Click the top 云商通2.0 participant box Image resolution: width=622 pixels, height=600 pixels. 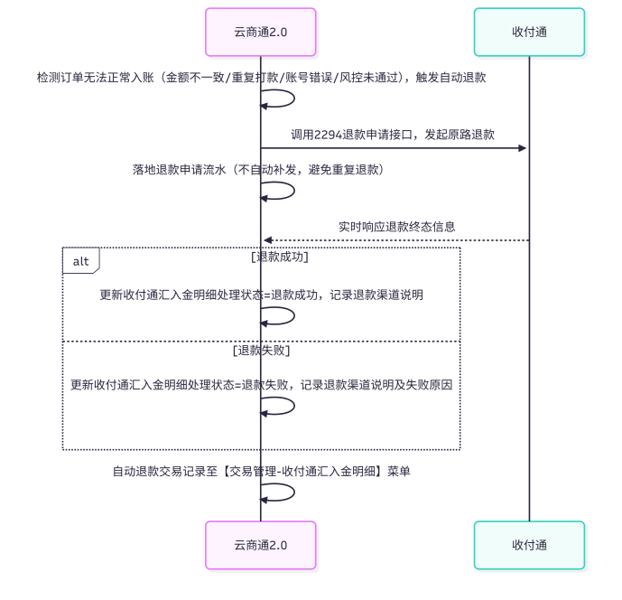point(261,33)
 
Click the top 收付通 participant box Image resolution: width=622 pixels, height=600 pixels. point(529,33)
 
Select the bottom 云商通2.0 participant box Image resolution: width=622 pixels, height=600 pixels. point(261,545)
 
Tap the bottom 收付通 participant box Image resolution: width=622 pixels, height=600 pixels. point(529,545)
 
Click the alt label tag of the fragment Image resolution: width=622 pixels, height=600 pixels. point(81,261)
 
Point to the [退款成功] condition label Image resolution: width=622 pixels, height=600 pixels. point(280,257)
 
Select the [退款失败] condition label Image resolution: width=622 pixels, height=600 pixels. point(262,351)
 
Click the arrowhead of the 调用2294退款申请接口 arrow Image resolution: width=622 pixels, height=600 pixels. point(522,148)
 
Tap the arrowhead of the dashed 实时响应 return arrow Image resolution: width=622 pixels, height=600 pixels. point(268,240)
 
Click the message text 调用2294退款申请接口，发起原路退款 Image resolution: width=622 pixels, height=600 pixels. point(393,135)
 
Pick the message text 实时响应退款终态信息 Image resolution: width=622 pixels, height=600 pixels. point(396,227)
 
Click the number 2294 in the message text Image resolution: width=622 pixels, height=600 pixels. point(328,135)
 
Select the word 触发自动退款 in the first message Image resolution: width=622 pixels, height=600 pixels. point(451,78)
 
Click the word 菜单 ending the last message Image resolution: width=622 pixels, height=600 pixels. point(399,472)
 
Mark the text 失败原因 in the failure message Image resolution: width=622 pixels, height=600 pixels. point(429,385)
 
